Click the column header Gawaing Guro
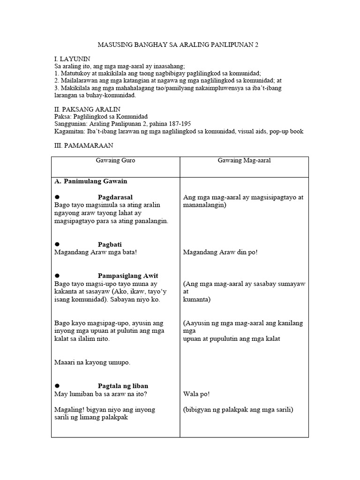pos(115,161)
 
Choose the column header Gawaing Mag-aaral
pos(244,161)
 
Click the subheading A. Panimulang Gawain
pos(91,181)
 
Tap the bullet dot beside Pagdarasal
pos(58,197)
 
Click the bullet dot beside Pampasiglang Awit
pos(58,276)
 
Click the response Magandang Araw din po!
pos(220,252)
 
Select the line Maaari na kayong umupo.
pos(92,362)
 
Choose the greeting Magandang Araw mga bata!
pos(96,252)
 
